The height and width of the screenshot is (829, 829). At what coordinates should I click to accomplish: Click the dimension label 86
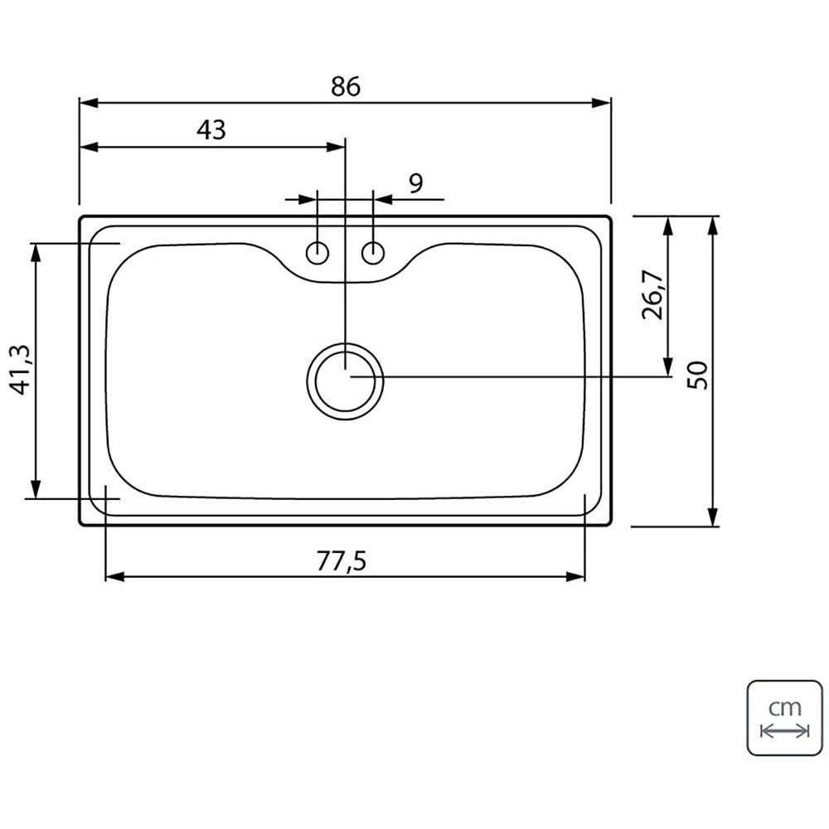(x=346, y=86)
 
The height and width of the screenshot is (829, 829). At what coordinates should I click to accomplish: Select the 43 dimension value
(x=211, y=129)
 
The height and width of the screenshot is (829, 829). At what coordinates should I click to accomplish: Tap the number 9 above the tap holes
(x=416, y=183)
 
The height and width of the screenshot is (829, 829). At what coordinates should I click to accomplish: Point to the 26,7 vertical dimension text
(x=653, y=294)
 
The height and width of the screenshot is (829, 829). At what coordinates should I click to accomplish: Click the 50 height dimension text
(x=697, y=375)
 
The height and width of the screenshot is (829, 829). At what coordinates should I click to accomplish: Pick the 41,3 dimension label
(x=22, y=369)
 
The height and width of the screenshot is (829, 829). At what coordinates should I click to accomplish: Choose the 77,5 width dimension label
(x=342, y=561)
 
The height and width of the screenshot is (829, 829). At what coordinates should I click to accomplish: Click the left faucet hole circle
(x=318, y=253)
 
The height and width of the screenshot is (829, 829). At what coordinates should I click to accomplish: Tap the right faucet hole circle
(x=373, y=253)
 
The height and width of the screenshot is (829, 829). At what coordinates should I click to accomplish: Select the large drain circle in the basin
(x=345, y=343)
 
